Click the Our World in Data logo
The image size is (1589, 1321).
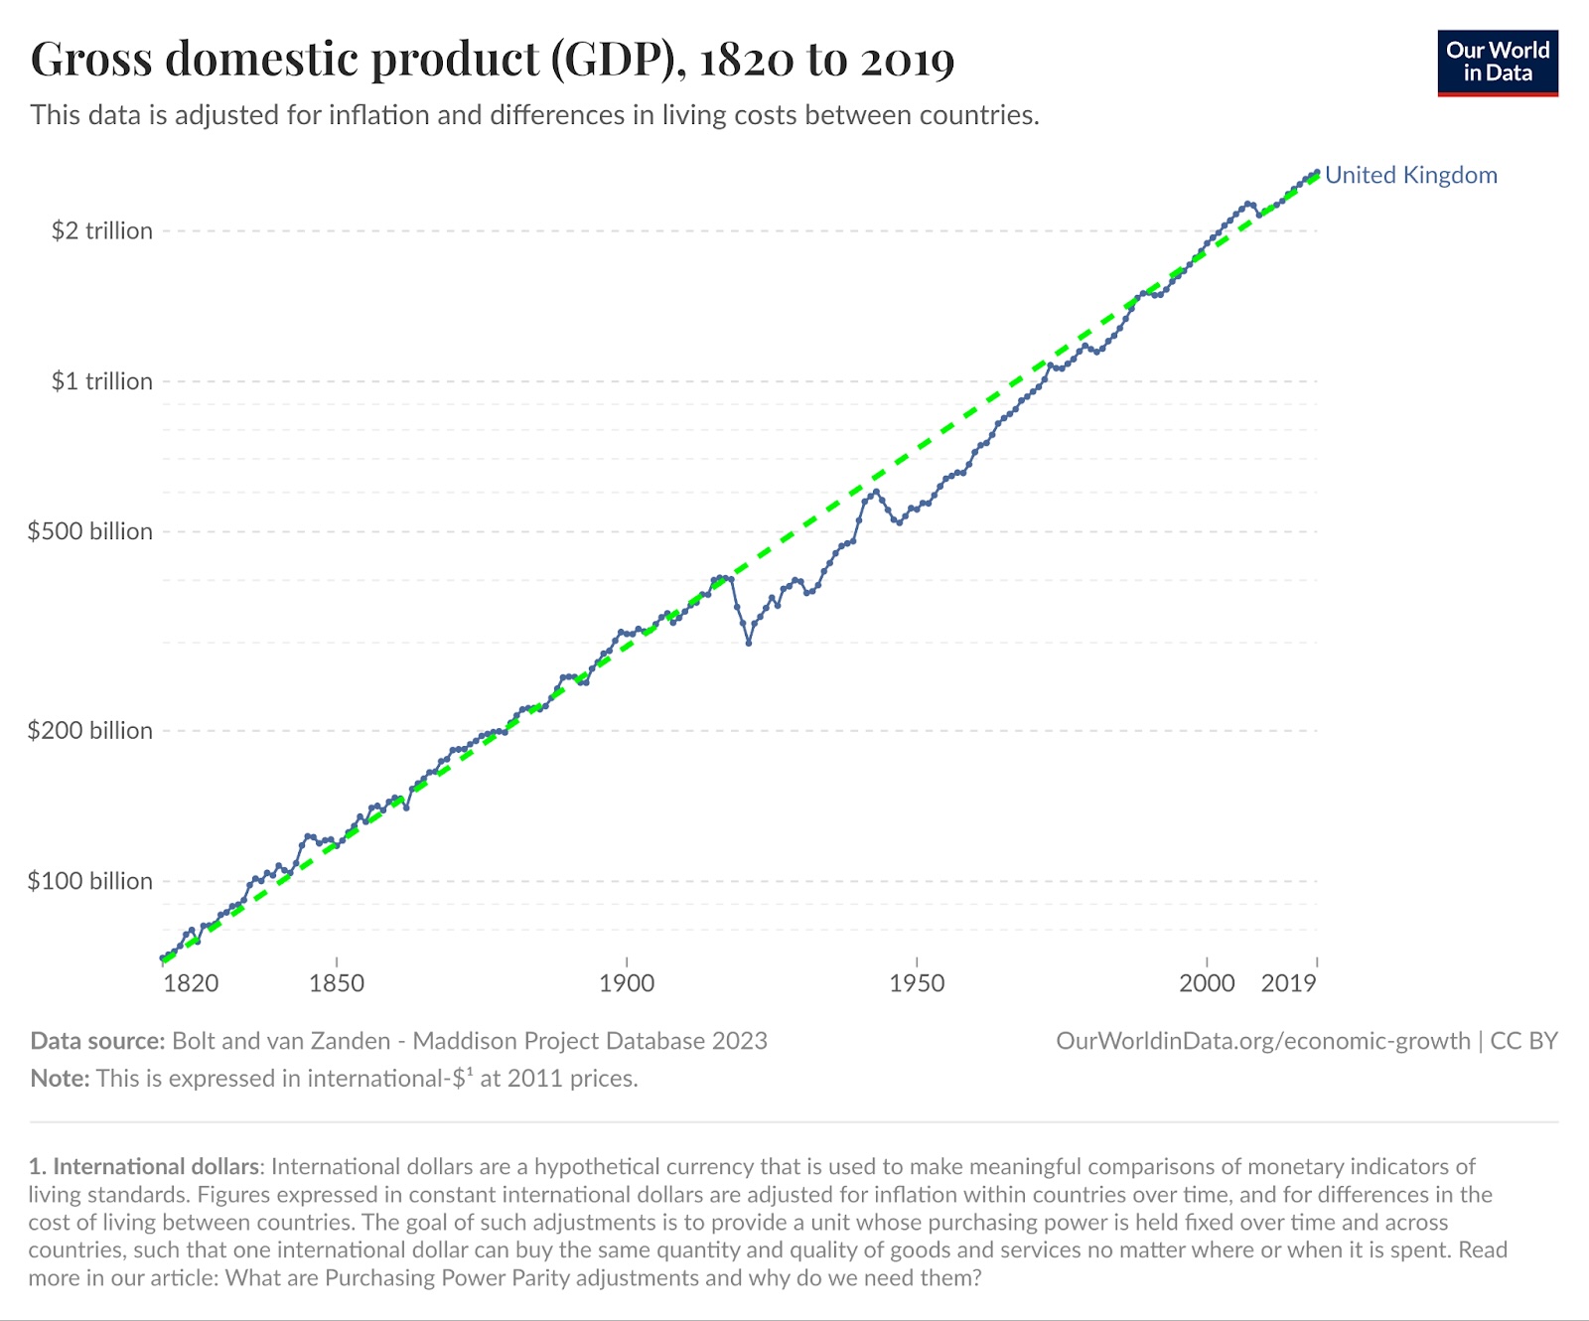(x=1498, y=63)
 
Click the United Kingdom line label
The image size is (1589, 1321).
(x=1410, y=175)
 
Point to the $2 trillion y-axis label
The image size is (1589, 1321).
(x=102, y=230)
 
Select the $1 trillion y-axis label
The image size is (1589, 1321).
(x=102, y=381)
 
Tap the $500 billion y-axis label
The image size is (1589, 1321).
(x=90, y=531)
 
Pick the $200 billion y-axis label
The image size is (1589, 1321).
(x=90, y=731)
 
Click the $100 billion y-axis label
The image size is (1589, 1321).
(x=90, y=881)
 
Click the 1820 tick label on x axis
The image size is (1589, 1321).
(x=191, y=983)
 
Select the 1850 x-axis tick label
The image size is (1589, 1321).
(x=337, y=983)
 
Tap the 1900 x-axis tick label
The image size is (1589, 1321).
(x=627, y=983)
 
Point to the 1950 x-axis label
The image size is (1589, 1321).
(x=917, y=983)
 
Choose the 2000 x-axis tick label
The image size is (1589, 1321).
(x=1207, y=983)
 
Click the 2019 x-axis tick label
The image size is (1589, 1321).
(x=1288, y=983)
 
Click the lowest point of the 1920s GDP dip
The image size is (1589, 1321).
(x=749, y=643)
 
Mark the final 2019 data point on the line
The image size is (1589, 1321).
(x=1317, y=172)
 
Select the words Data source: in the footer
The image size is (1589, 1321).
(x=97, y=1041)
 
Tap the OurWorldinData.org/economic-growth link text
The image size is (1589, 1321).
(x=1262, y=1041)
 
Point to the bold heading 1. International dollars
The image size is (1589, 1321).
(x=145, y=1166)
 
